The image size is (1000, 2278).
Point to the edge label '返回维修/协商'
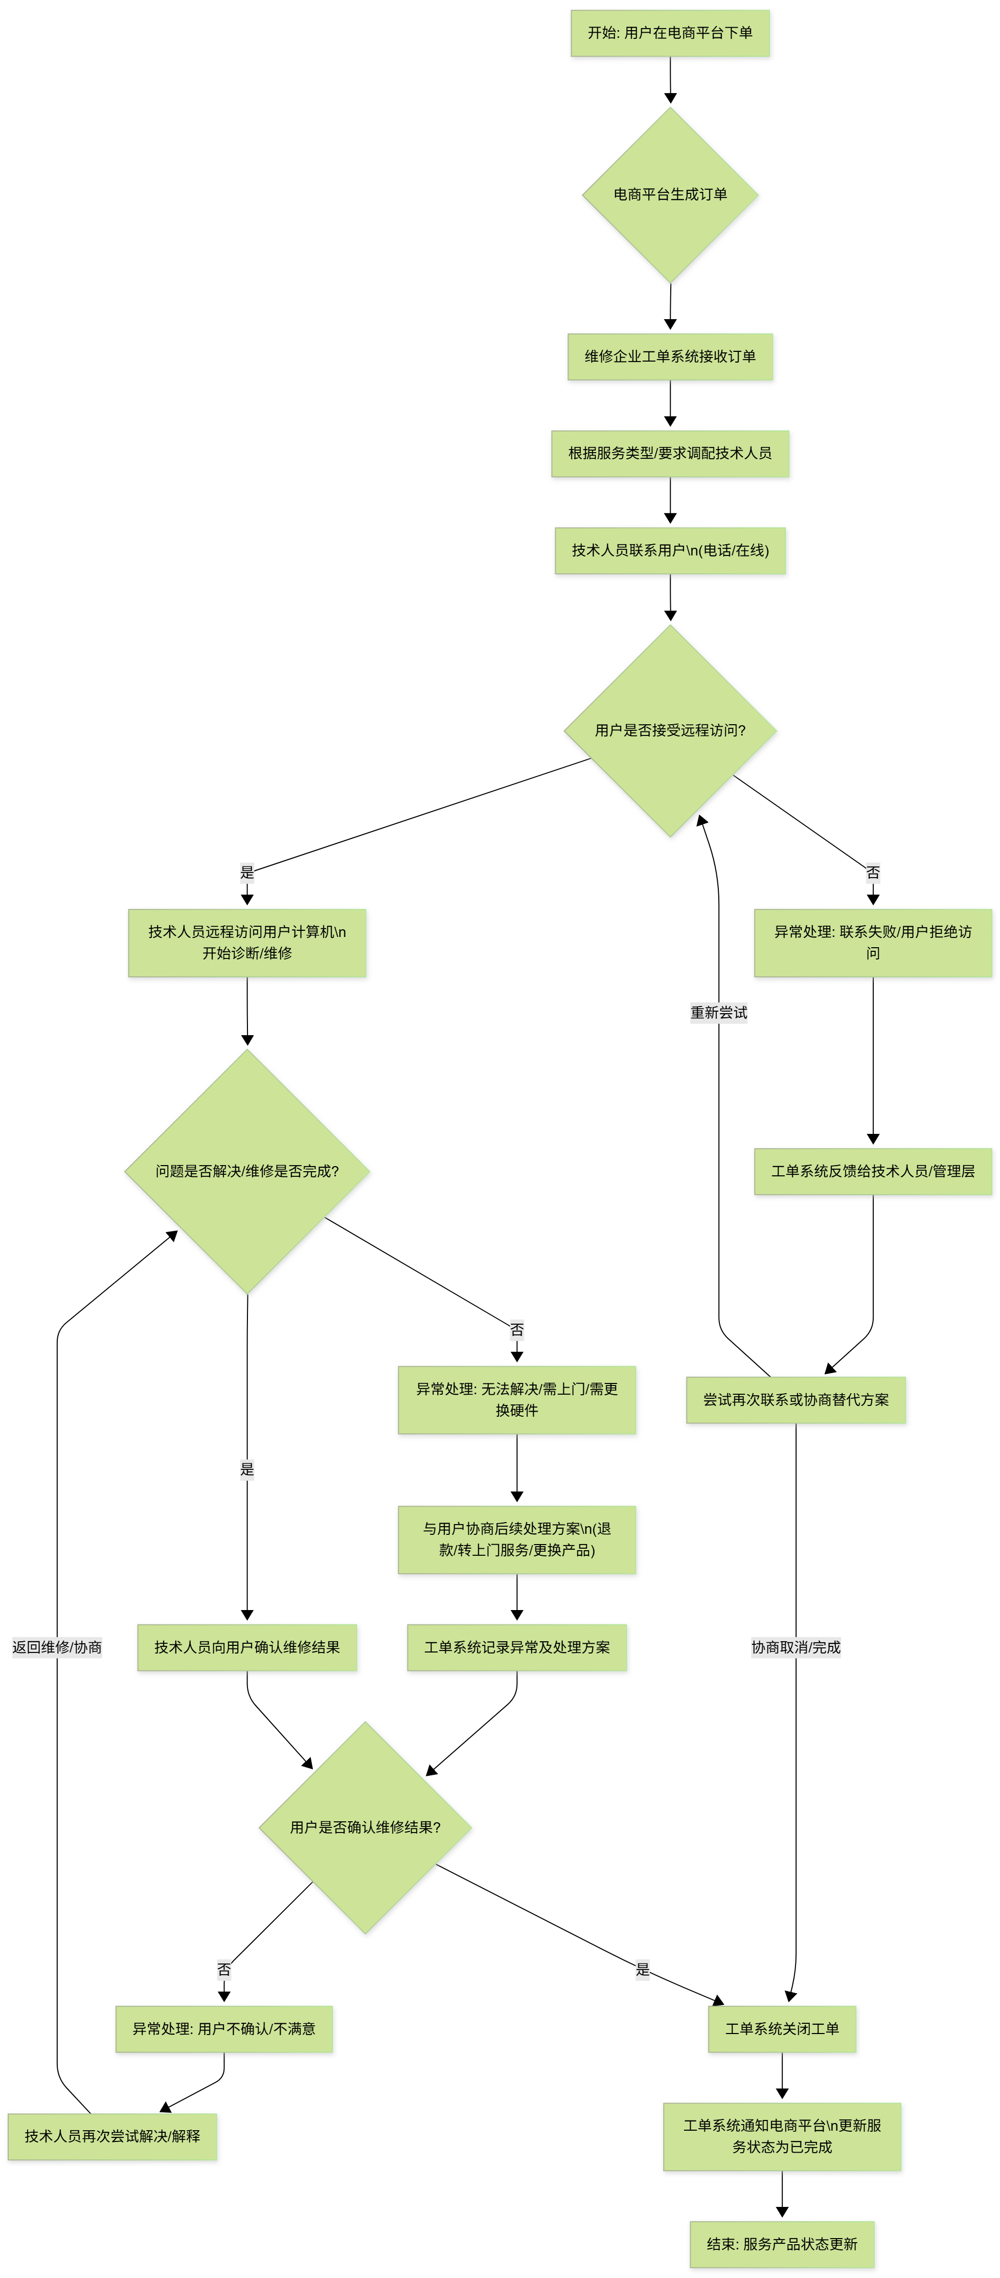(57, 1647)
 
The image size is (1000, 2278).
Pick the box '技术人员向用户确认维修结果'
(247, 1647)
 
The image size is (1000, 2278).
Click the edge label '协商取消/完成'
(796, 1647)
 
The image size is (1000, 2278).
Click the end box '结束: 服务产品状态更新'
(783, 2244)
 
